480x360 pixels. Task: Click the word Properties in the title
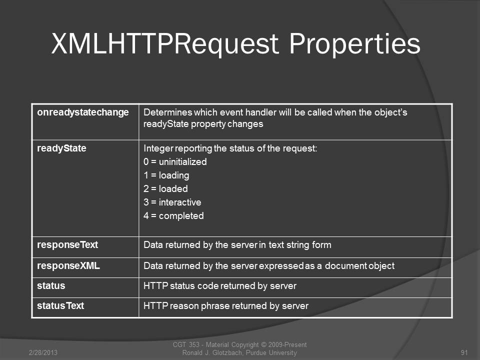[x=355, y=44]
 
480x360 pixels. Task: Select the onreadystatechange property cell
[x=83, y=112]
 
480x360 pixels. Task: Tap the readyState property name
[x=61, y=148]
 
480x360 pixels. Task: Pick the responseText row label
[x=67, y=245]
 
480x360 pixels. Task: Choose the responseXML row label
[x=68, y=265]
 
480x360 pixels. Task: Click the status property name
[x=51, y=286]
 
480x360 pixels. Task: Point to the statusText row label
[x=60, y=306]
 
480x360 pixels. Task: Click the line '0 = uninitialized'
[x=175, y=161]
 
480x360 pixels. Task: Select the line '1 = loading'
[x=166, y=175]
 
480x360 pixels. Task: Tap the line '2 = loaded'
[x=165, y=188]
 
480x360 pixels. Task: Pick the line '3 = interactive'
[x=172, y=202]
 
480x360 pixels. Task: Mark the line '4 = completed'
[x=173, y=216]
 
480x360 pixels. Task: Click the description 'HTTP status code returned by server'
[x=220, y=286]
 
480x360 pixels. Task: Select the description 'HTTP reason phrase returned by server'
[x=226, y=306]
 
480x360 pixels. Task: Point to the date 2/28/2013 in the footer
[x=43, y=352]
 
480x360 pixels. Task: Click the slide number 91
[x=464, y=352]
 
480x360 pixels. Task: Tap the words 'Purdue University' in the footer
[x=271, y=352]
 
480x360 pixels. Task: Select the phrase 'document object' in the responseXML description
[x=359, y=265]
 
